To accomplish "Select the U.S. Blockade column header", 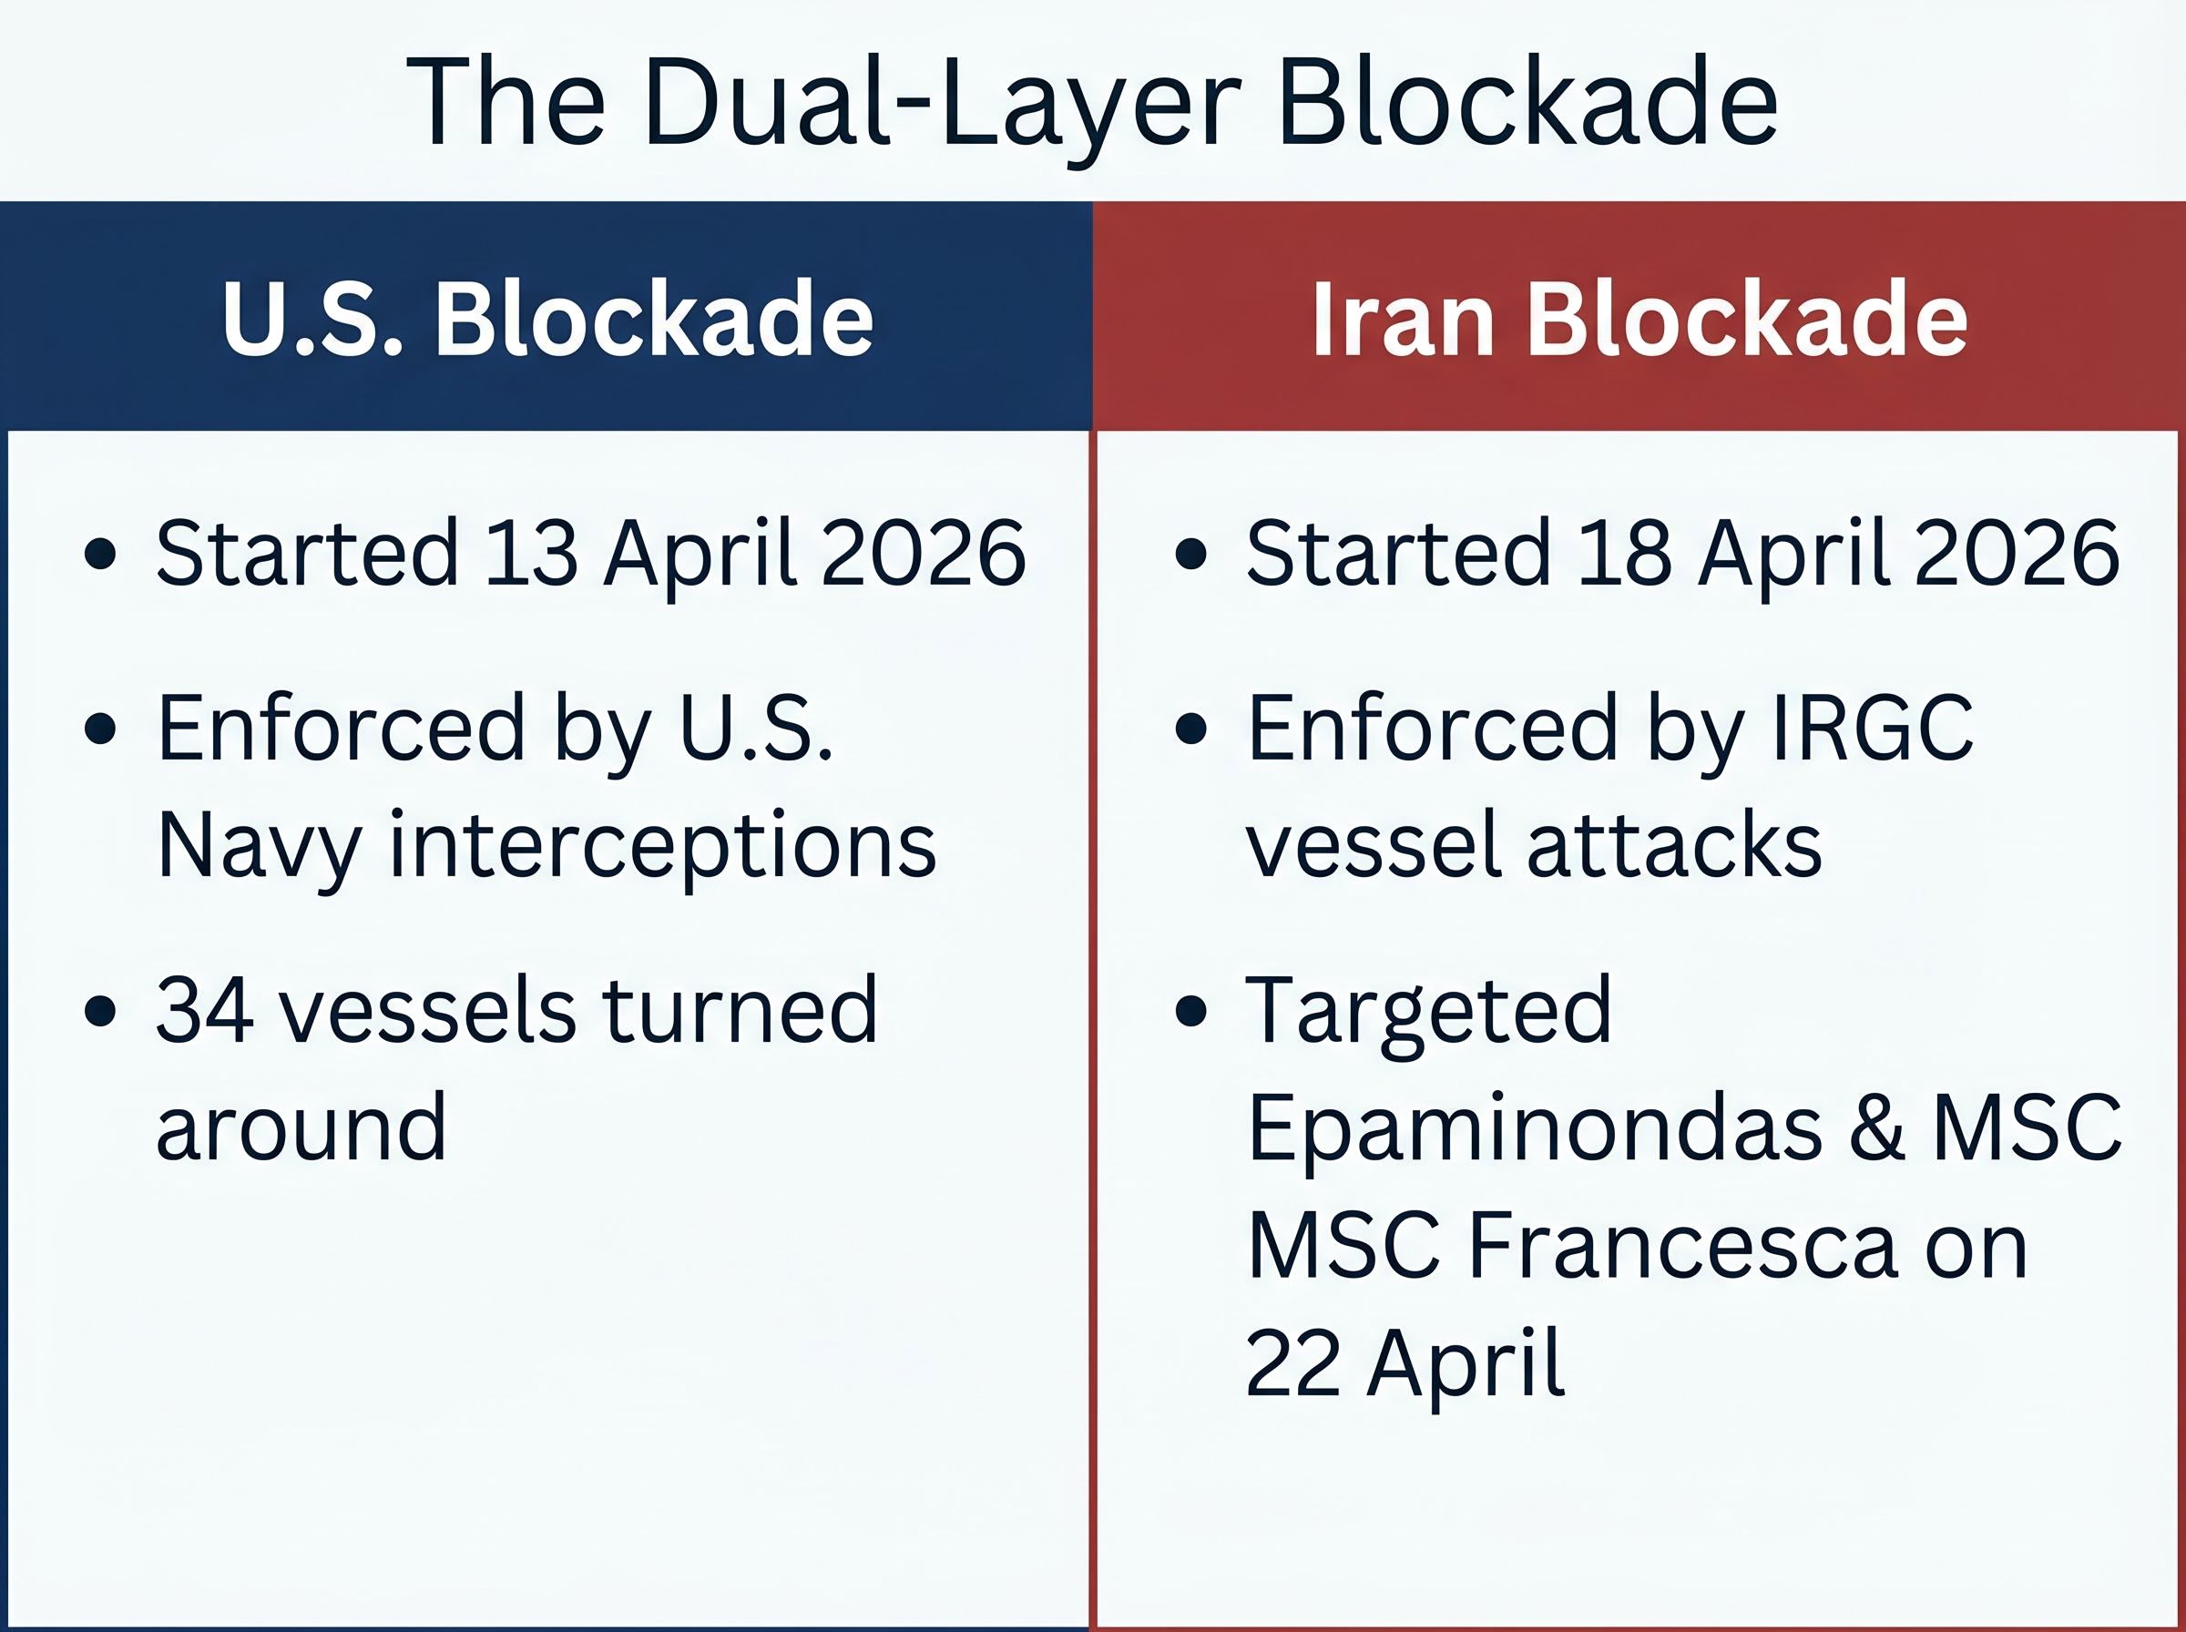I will click(547, 318).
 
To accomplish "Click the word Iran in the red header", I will click(1402, 318).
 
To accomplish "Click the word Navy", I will click(259, 846).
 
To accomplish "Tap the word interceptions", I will click(663, 846).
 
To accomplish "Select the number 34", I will click(203, 1010).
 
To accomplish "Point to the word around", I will click(301, 1127).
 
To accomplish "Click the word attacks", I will click(1674, 846).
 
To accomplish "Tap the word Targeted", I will click(1428, 1010).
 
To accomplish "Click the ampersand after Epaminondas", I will click(1877, 1128).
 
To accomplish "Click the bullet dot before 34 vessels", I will click(101, 1012).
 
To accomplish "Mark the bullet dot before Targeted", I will click(1191, 1012).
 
